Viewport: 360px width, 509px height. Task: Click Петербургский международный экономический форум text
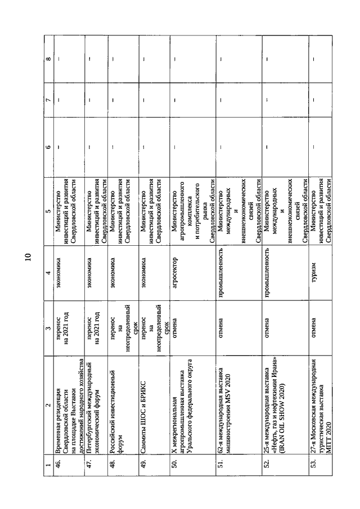coord(93,407)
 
